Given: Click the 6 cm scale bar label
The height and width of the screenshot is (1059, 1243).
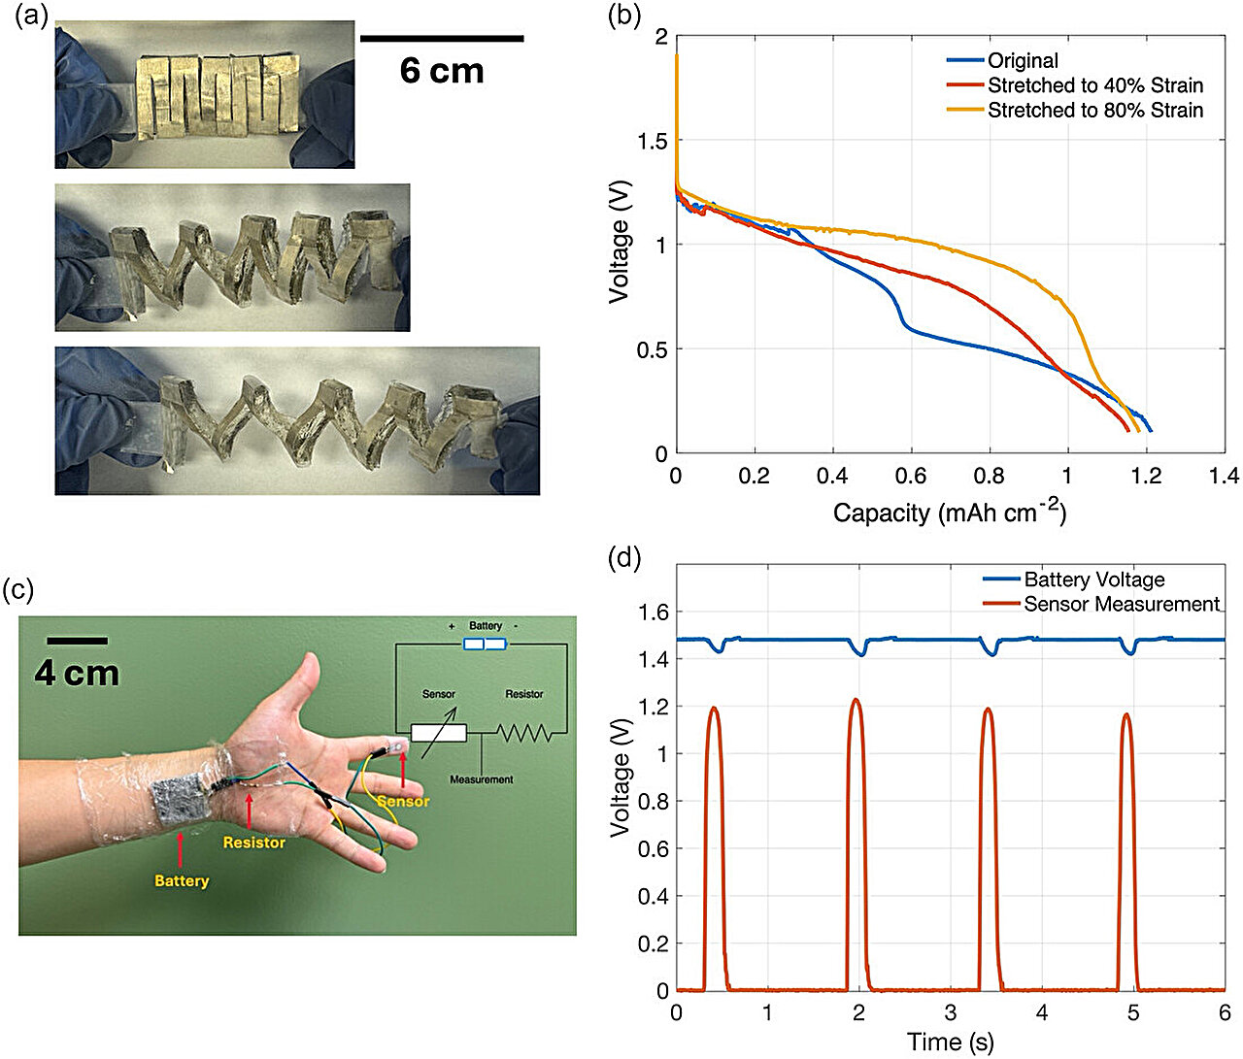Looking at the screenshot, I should pos(442,71).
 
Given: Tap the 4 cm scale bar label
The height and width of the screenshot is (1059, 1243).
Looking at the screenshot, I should pos(77,674).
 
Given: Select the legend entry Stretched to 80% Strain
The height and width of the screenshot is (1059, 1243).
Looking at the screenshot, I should pos(1094,111).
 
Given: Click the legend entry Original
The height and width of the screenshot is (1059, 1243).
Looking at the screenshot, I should pos(1023,60).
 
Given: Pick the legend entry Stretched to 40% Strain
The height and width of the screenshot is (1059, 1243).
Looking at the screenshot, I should pos(1094,85).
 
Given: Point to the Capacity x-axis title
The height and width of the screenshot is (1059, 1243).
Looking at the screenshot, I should pos(949,513).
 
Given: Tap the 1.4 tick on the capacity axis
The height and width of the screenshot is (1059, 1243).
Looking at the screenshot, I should pos(1225,476).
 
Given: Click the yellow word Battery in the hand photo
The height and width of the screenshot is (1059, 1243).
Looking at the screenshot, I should pos(182,881).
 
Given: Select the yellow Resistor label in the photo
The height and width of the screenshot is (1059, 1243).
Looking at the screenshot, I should pos(254,843).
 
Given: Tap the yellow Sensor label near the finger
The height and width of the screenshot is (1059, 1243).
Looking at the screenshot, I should pos(403,801).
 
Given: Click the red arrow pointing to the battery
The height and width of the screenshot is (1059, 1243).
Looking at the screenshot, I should pos(181,848).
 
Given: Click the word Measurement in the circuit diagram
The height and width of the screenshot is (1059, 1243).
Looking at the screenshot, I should pos(481,779).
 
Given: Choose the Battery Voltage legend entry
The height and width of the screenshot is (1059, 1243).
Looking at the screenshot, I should pos(1093,579).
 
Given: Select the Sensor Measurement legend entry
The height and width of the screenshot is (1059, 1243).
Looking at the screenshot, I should pos(1121,604).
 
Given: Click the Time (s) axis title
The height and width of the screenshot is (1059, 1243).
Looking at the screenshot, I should pos(950,1042).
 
